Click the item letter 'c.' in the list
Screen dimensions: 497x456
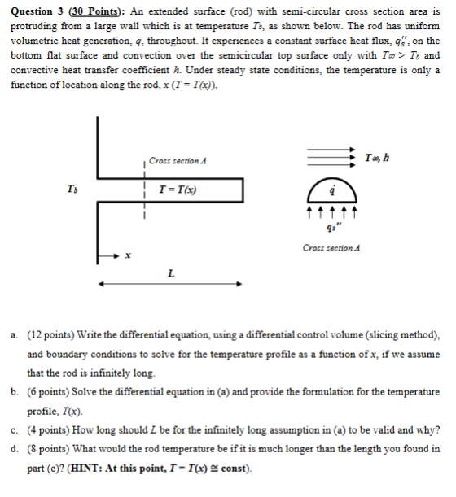point(16,430)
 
